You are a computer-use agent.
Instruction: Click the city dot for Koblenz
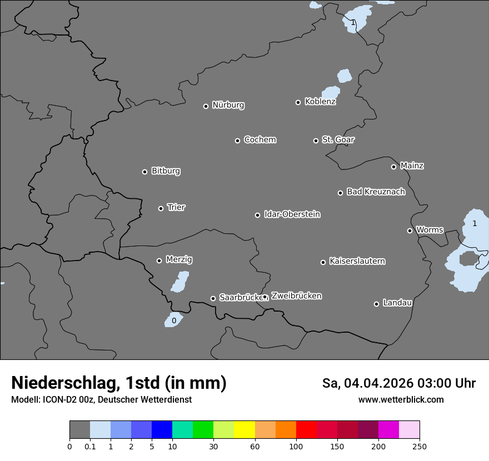click(x=298, y=102)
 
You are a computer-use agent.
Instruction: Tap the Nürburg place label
click(x=228, y=105)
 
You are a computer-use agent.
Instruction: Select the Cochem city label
click(x=260, y=139)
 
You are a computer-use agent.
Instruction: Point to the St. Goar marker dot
click(x=316, y=141)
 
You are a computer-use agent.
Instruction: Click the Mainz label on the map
click(x=412, y=166)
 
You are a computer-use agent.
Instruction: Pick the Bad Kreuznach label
click(x=376, y=192)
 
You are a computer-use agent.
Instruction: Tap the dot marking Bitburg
click(x=145, y=172)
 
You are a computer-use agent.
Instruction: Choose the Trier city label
click(x=176, y=207)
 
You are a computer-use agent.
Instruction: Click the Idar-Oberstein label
click(x=292, y=214)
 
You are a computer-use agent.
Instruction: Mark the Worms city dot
click(x=410, y=231)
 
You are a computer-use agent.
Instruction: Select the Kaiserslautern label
click(x=357, y=261)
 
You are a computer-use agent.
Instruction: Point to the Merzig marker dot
click(x=159, y=260)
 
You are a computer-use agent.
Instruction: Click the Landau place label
click(x=397, y=303)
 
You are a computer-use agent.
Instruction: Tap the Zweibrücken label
click(x=296, y=295)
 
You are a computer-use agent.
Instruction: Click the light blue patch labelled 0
click(x=173, y=320)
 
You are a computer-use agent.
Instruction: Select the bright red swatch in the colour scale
click(x=306, y=430)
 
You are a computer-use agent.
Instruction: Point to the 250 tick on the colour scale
click(x=420, y=446)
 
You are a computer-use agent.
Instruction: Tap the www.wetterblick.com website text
click(x=401, y=400)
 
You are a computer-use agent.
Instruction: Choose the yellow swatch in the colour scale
click(x=244, y=430)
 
